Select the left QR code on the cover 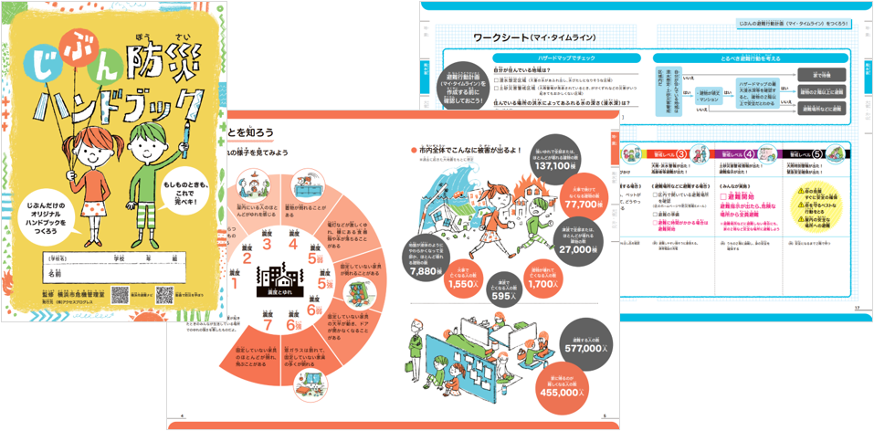pos(120,295)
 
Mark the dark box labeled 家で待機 pos(821,74)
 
